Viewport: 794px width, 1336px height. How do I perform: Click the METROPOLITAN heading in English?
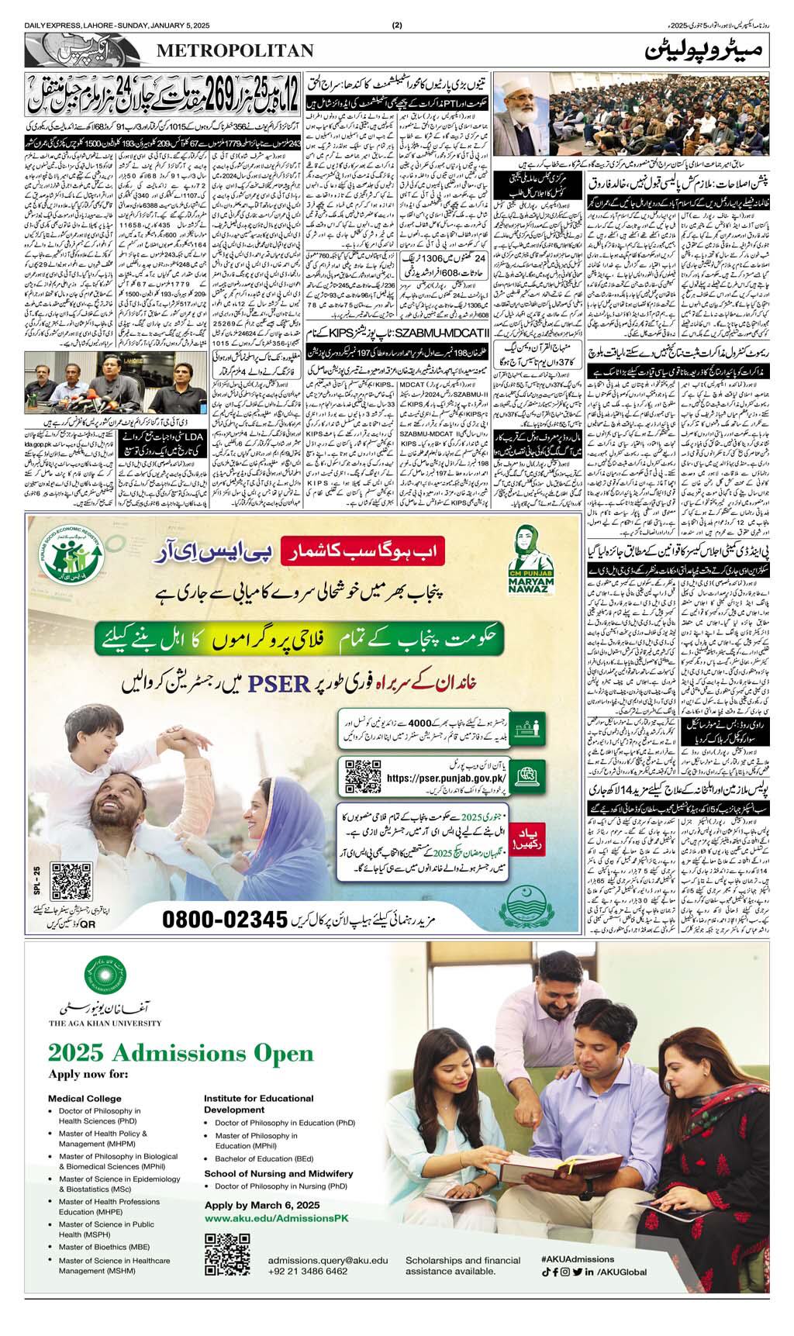235,50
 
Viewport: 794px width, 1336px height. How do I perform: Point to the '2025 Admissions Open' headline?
181,1052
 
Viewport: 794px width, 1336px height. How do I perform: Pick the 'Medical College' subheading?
85,1098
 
